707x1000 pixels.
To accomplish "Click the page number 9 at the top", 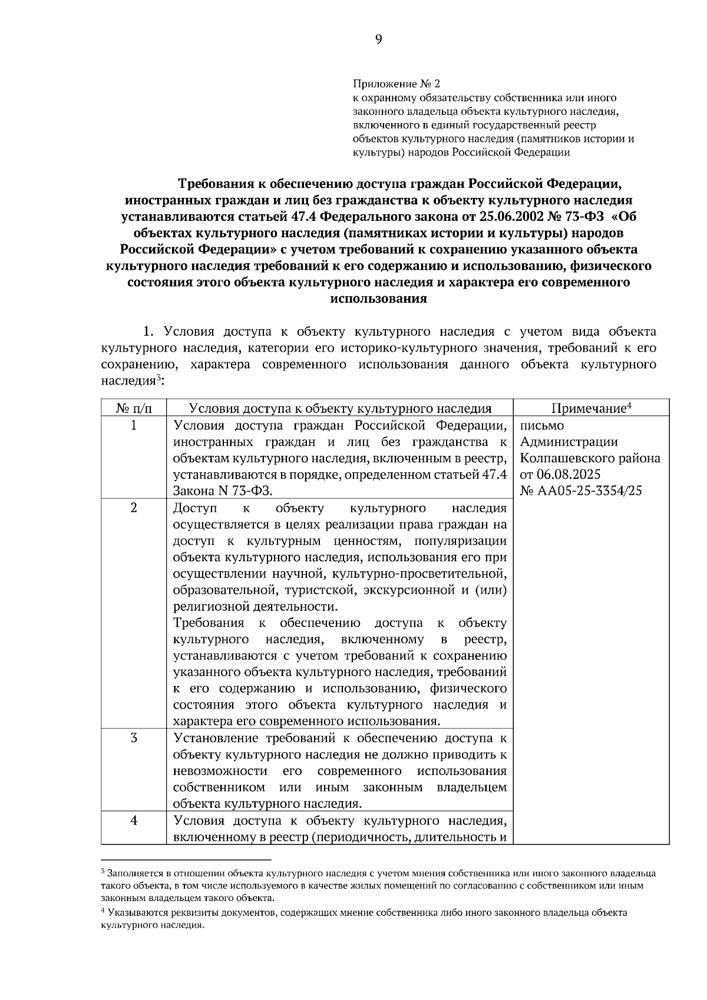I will click(378, 39).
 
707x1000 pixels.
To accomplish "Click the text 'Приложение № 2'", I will click(397, 85).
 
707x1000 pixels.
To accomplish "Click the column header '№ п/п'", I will click(134, 408).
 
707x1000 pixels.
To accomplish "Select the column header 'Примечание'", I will click(588, 408).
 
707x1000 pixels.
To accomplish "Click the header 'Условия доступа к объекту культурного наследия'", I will click(340, 408).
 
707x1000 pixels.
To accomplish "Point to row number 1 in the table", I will click(134, 425).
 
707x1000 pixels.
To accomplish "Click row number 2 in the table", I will click(134, 508).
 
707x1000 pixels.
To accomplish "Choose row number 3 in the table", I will click(134, 737).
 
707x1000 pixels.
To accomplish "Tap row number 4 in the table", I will click(134, 820).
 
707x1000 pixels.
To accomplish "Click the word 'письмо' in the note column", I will click(542, 425).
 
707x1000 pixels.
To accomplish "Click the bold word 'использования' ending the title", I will click(378, 299).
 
